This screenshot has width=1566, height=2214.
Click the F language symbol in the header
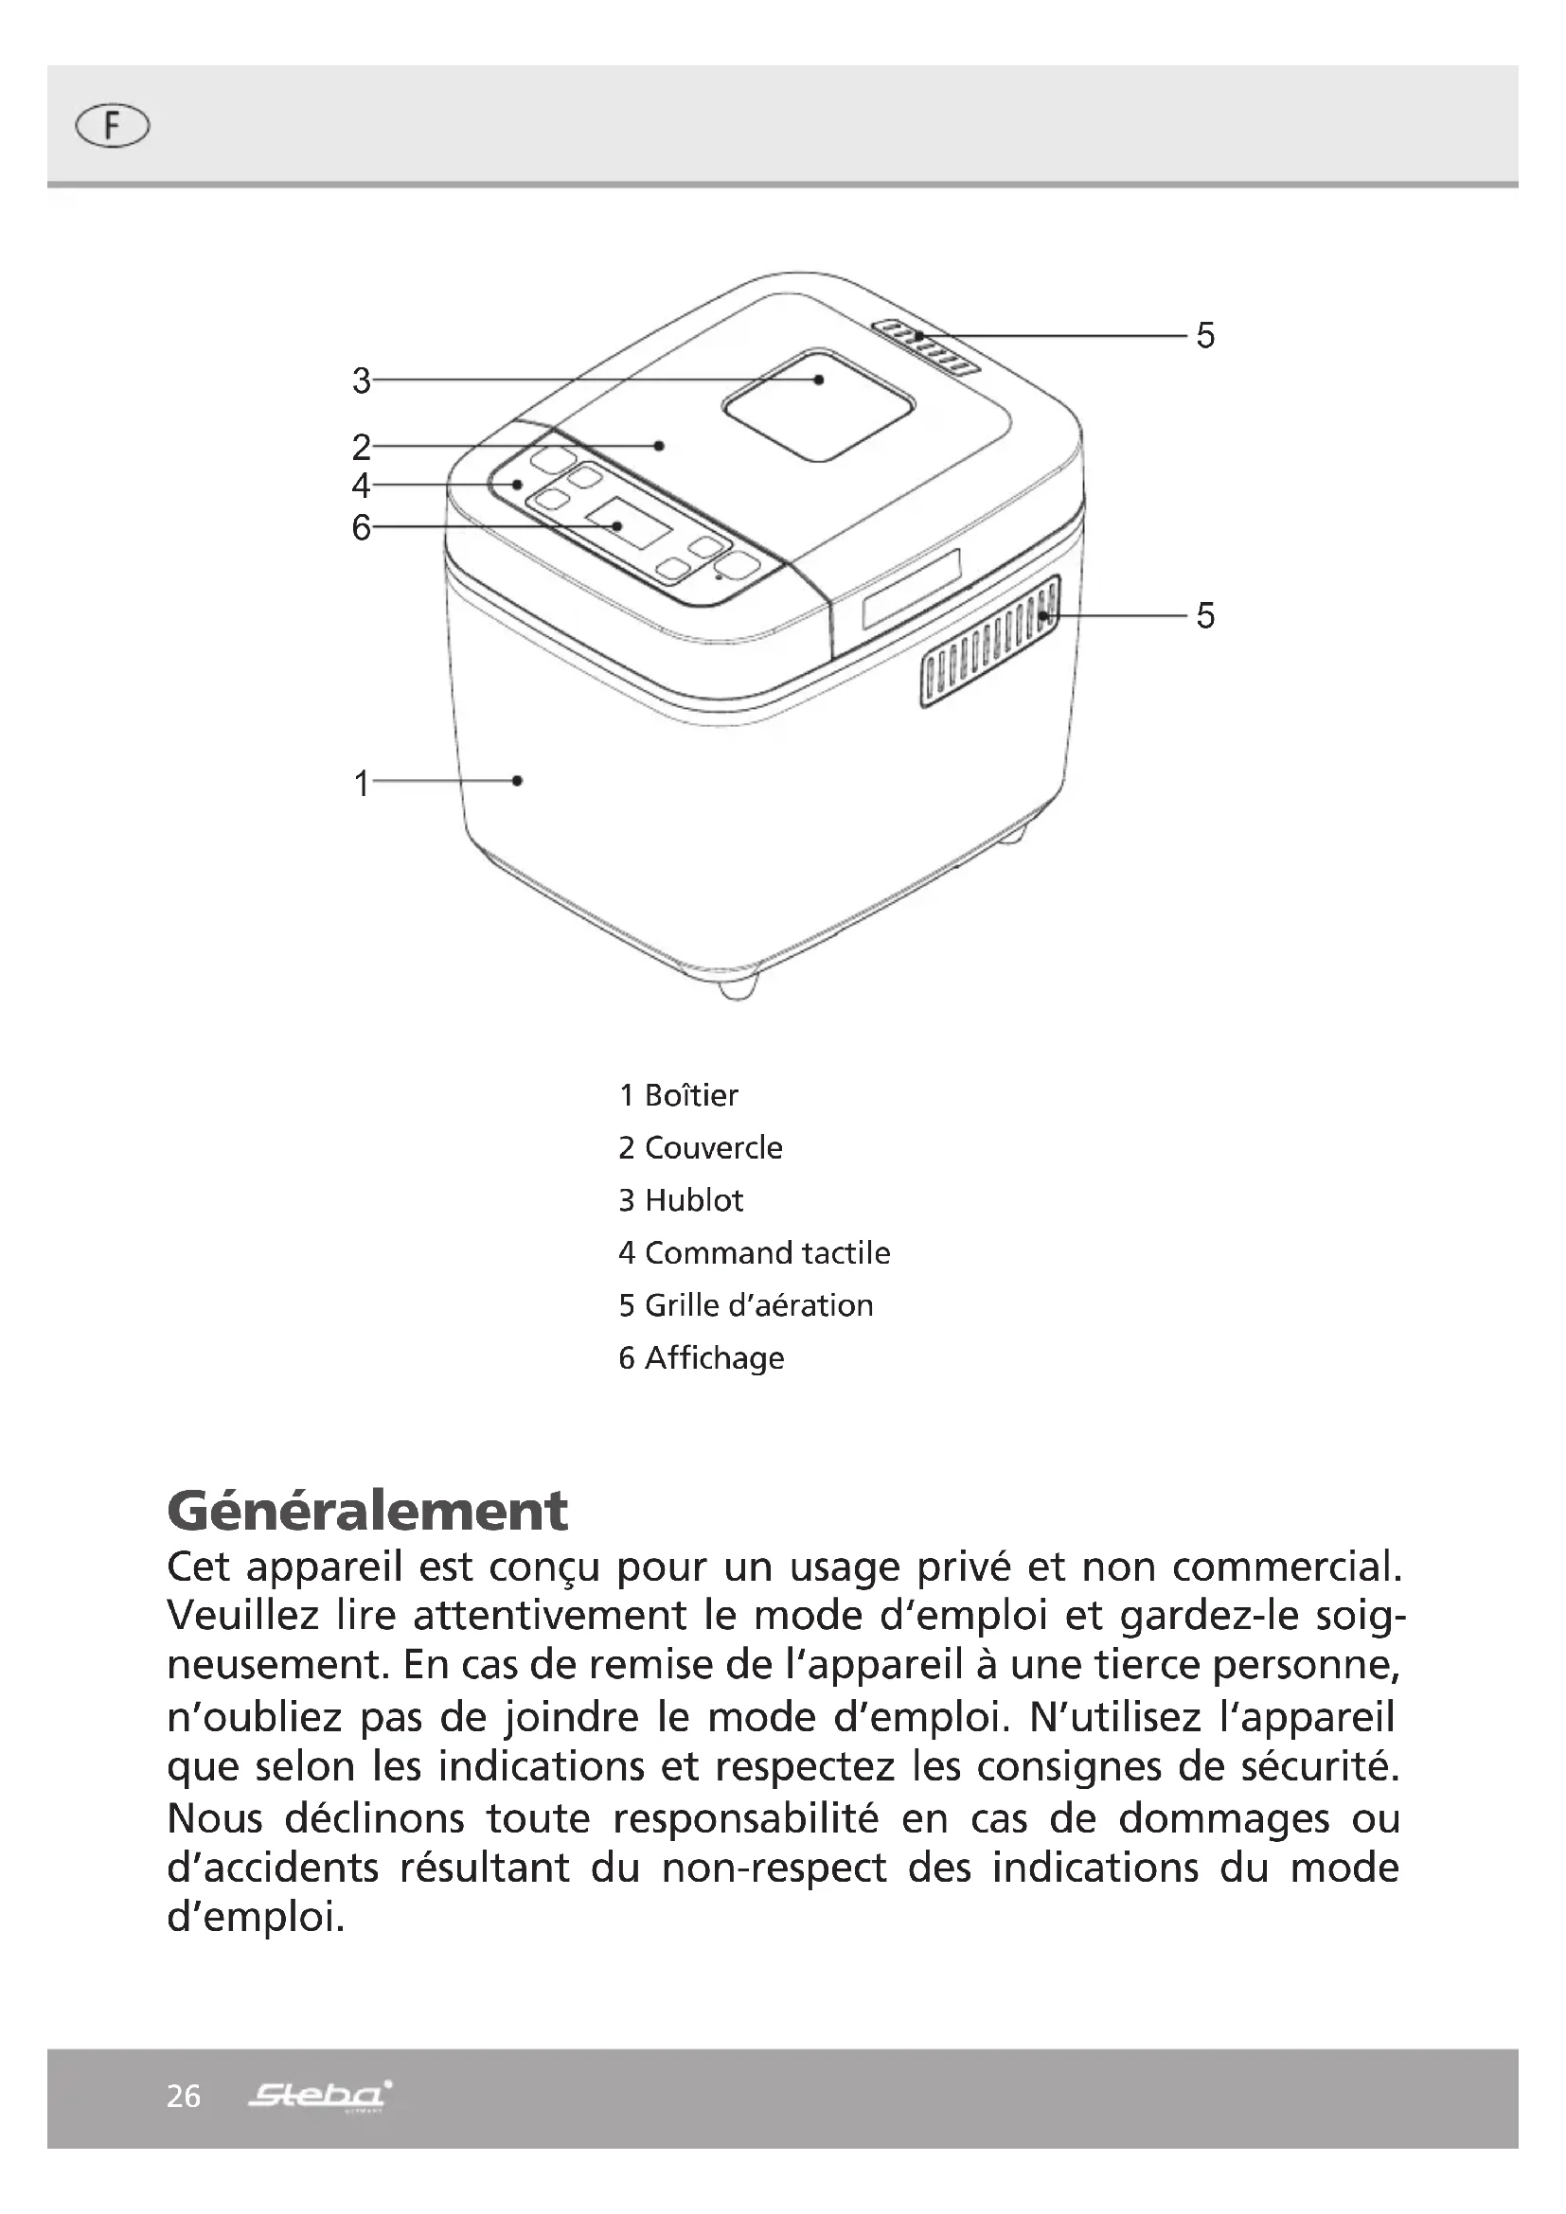click(112, 126)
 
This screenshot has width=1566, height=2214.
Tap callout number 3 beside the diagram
click(362, 381)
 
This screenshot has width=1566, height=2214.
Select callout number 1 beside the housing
click(362, 783)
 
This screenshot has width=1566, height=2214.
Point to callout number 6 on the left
click(362, 527)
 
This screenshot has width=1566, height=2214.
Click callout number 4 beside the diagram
click(362, 485)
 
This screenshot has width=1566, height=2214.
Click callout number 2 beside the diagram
click(362, 448)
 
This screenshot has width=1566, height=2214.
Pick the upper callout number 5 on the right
click(1205, 336)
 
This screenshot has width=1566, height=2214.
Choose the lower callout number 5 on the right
click(1205, 615)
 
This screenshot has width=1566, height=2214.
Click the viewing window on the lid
click(818, 405)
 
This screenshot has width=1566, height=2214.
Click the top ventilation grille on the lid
click(926, 346)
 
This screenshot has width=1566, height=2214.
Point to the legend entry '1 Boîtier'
click(678, 1095)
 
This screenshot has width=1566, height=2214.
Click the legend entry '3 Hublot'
click(681, 1200)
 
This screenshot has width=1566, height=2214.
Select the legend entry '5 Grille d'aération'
click(745, 1305)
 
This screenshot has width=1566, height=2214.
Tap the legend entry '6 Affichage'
click(701, 1357)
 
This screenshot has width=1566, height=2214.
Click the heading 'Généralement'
click(367, 1511)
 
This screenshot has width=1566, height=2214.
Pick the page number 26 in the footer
click(184, 2097)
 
